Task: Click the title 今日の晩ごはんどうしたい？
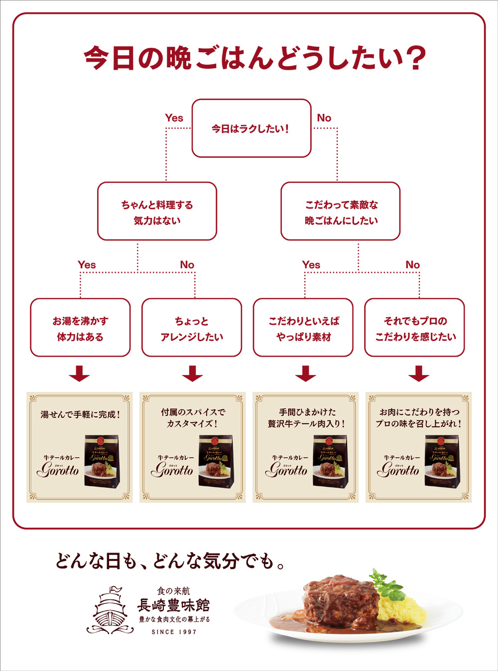254,58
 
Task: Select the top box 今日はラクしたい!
251,128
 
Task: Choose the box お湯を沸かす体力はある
80,328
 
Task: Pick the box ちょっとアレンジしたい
192,328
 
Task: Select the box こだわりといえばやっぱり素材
303,328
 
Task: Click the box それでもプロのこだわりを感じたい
415,328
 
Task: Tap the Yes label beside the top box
174,118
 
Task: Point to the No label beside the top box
324,118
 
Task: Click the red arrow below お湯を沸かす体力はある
80,374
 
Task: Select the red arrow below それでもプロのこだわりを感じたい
418,374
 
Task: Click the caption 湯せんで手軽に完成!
80,414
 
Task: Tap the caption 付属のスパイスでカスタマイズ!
193,418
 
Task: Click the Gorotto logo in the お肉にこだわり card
398,469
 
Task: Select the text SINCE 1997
174,632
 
